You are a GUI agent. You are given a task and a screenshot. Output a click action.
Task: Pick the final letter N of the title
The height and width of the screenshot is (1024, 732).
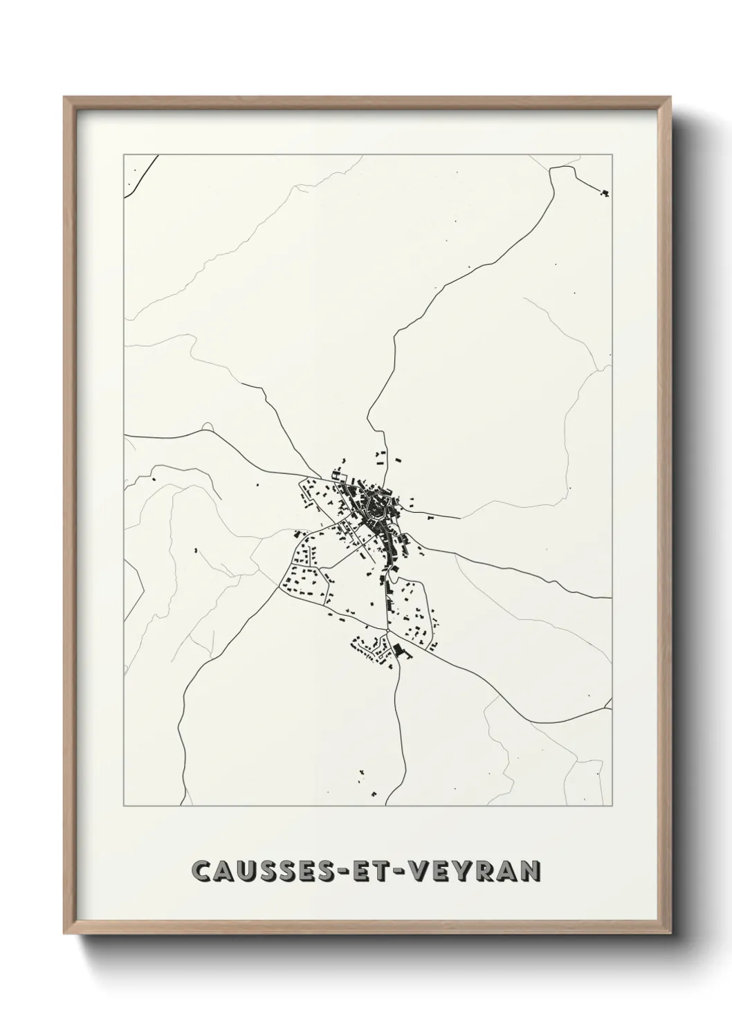point(529,872)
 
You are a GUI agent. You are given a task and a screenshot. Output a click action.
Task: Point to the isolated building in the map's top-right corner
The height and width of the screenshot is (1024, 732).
point(604,192)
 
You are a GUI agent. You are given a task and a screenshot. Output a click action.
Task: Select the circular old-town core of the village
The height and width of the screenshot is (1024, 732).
point(376,504)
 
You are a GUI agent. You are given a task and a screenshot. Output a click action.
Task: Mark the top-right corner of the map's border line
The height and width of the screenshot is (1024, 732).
point(612,154)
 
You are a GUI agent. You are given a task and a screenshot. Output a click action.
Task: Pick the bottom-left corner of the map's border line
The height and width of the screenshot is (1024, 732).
point(124,806)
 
